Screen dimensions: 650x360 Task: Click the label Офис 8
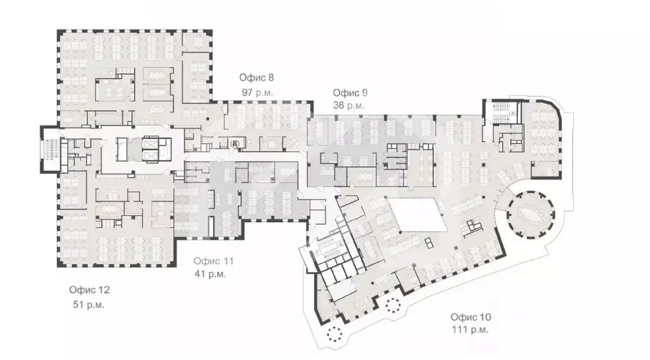click(x=256, y=77)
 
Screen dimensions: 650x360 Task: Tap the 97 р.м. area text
click(x=257, y=93)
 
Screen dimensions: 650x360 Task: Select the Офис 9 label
click(x=350, y=93)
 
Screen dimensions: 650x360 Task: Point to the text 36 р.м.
click(x=348, y=105)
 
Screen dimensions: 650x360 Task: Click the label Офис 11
click(x=213, y=261)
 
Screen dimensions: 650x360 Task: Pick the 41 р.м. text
click(x=210, y=274)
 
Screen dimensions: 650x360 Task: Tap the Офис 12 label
click(x=89, y=290)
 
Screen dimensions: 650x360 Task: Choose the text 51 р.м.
click(x=88, y=304)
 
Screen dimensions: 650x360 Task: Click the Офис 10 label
click(x=470, y=317)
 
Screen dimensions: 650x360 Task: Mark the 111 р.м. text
click(x=470, y=330)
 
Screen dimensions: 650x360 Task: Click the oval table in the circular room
click(x=530, y=215)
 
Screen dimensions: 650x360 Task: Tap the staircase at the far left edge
click(x=51, y=149)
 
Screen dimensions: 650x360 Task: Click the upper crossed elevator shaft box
click(x=150, y=142)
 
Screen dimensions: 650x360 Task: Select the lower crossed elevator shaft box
click(x=150, y=156)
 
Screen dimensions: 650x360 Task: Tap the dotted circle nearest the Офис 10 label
click(x=392, y=305)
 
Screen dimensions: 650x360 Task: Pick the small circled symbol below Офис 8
click(x=235, y=143)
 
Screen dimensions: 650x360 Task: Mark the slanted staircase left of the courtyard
click(x=329, y=253)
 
